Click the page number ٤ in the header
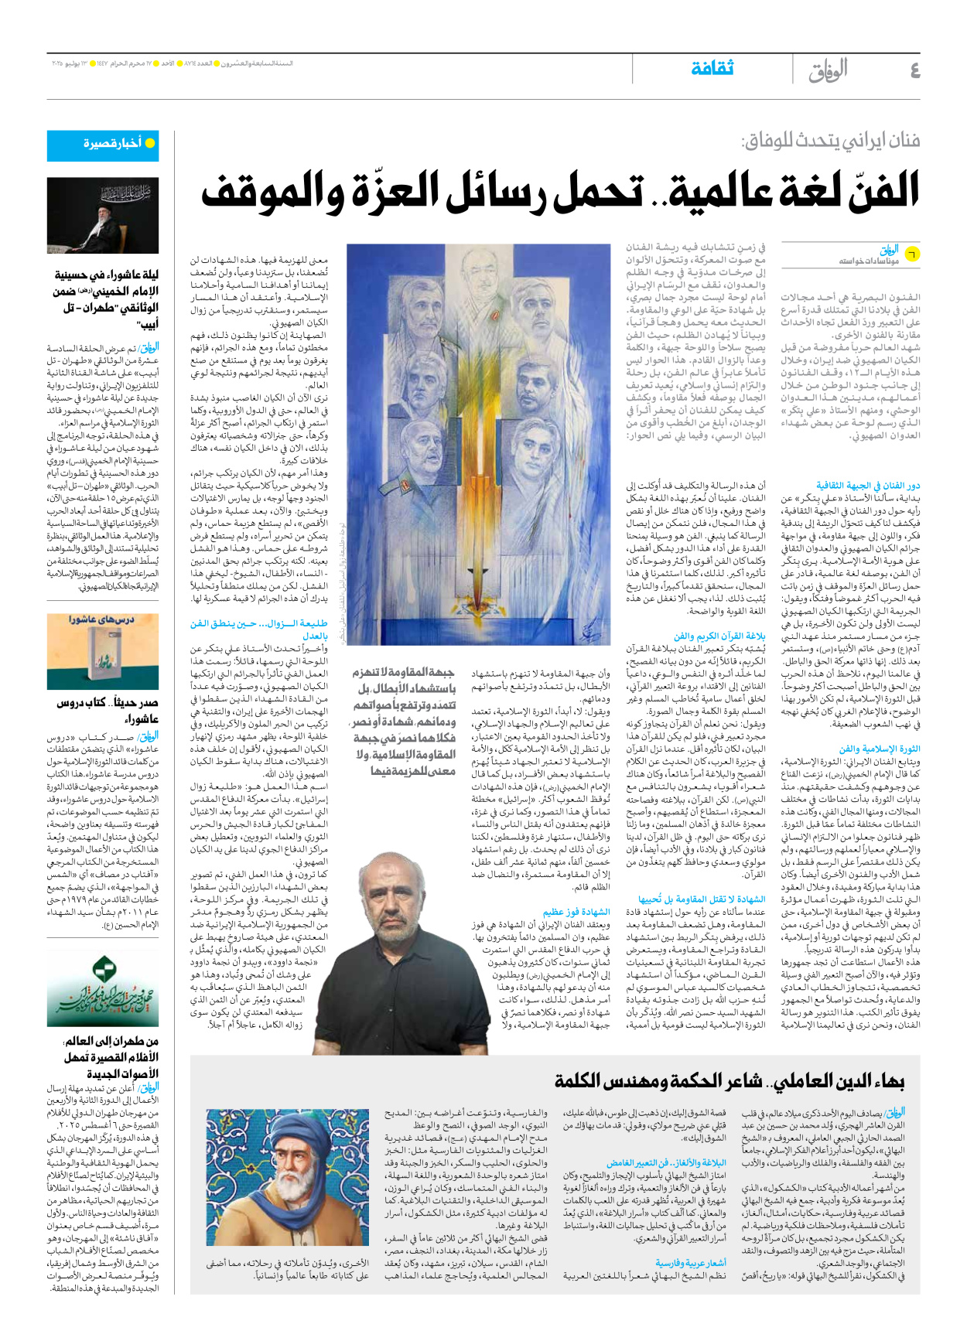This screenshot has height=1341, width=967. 914,70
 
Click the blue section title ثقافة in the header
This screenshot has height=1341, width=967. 712,68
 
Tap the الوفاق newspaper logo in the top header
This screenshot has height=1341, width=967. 829,70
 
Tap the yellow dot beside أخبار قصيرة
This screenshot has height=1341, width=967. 150,143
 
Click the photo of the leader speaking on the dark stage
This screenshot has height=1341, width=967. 103,216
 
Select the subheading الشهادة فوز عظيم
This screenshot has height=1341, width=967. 576,912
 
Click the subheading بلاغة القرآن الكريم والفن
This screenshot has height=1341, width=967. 719,636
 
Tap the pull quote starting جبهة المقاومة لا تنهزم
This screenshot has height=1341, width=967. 403,720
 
